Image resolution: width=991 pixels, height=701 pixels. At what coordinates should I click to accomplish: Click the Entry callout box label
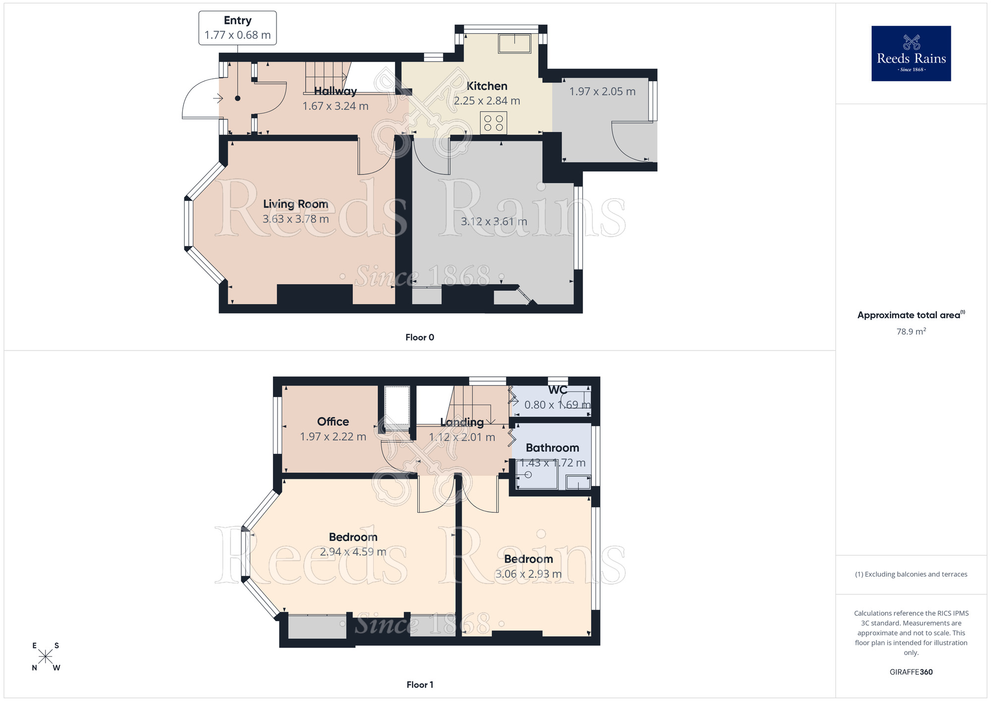[237, 21]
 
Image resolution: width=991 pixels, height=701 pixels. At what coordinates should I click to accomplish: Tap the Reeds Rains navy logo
[911, 54]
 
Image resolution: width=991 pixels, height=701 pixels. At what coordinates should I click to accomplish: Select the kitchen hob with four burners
[493, 123]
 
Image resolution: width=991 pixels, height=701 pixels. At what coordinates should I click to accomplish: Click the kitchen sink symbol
[514, 43]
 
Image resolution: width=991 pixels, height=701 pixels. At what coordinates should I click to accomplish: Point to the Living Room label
[295, 204]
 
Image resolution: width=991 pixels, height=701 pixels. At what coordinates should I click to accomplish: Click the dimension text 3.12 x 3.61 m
[494, 222]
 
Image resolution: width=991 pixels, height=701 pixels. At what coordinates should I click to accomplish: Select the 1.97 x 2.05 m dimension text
[602, 92]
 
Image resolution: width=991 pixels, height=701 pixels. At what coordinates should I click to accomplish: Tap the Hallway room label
[335, 91]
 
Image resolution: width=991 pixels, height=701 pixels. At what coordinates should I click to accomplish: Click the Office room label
[333, 421]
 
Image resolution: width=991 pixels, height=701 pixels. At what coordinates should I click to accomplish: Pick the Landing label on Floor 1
[462, 422]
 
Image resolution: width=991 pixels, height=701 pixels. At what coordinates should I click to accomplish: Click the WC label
[557, 390]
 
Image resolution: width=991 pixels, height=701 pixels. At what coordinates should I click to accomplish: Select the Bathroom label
[552, 448]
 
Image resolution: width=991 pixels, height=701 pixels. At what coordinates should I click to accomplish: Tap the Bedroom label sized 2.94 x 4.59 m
[353, 537]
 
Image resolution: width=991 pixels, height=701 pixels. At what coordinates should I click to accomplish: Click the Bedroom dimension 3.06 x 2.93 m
[528, 574]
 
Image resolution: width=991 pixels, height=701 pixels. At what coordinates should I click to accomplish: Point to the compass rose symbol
[46, 656]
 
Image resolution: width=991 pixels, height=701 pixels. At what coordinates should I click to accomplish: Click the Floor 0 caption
[420, 337]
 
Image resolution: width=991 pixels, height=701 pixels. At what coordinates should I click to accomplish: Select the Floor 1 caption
[420, 685]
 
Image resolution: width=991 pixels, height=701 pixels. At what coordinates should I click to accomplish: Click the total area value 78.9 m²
[911, 332]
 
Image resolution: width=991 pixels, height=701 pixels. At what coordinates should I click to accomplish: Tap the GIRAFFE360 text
[911, 672]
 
